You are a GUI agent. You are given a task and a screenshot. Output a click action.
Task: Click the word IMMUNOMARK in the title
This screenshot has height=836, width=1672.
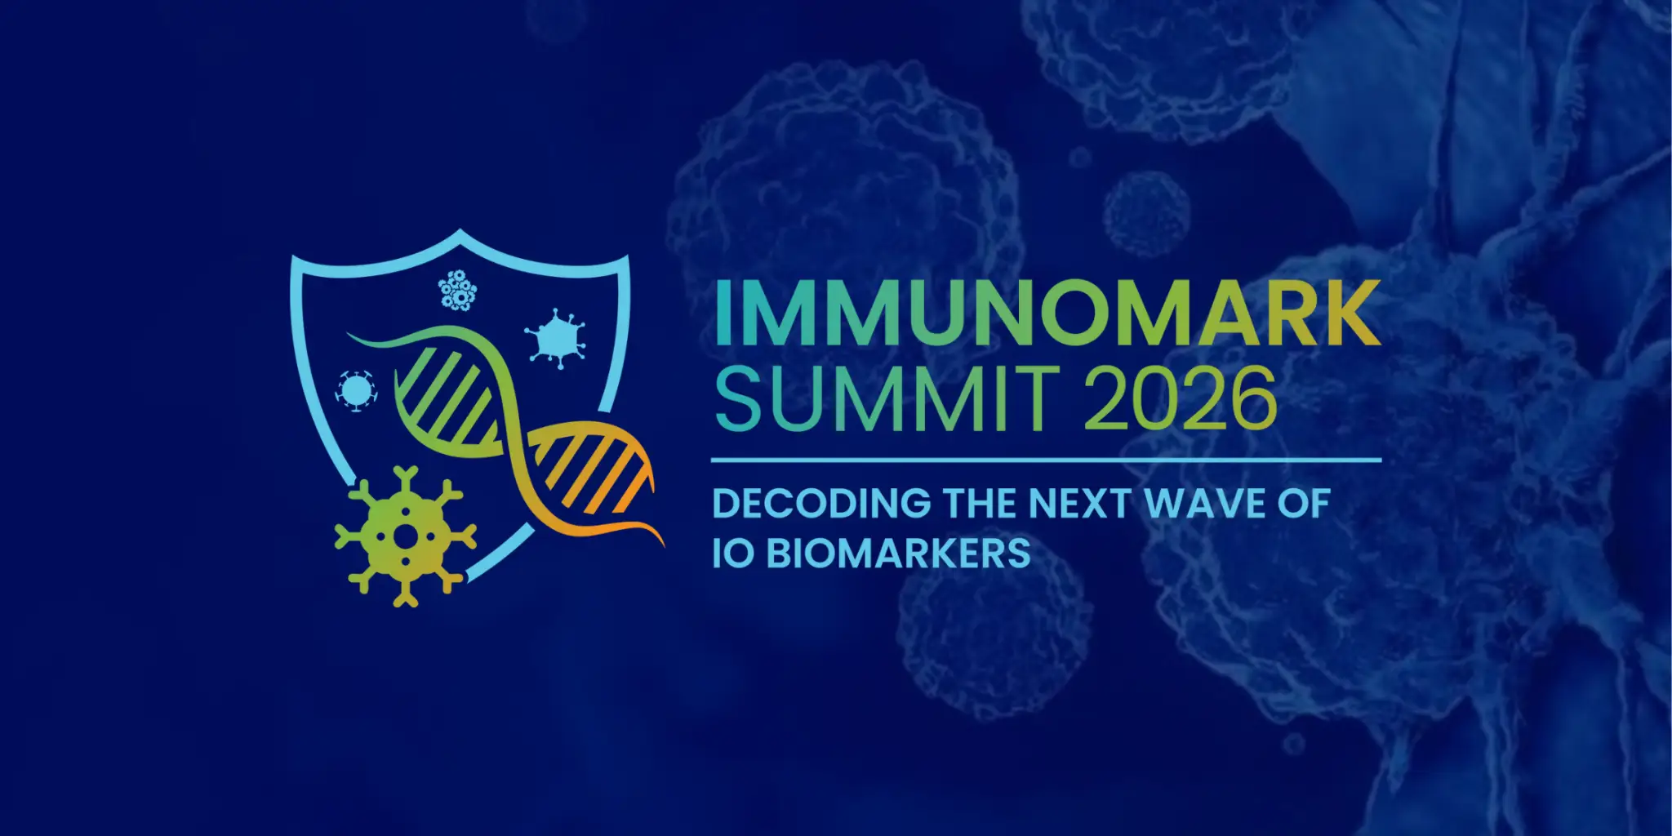(1047, 313)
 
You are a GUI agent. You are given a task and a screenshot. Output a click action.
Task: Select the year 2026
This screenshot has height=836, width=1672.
(1180, 399)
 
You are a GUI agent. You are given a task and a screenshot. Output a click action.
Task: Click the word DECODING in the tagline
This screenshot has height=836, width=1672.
(821, 504)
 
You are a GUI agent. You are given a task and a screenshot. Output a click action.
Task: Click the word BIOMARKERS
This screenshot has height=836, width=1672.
(898, 554)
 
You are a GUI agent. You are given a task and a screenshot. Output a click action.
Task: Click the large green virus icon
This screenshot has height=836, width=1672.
(405, 536)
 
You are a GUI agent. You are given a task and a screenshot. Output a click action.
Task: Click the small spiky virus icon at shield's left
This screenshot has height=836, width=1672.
(356, 390)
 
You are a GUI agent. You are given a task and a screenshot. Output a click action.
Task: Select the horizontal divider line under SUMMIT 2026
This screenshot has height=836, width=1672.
(1046, 460)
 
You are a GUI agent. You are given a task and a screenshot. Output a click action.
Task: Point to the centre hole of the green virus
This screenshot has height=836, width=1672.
(405, 536)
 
